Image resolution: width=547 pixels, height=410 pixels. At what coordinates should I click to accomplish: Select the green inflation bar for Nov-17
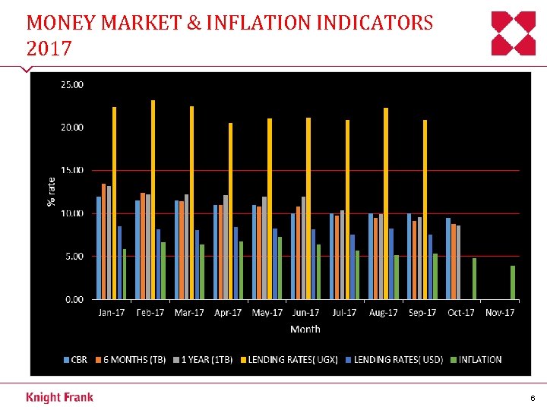[x=513, y=282]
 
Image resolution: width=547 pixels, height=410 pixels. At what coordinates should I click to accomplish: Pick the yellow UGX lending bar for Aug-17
[x=386, y=203]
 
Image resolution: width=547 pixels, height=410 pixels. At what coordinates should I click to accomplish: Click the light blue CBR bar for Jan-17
[x=99, y=248]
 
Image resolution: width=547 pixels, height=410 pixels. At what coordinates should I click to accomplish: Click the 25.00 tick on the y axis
[x=73, y=84]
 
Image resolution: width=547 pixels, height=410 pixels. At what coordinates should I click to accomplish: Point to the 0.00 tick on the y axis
[x=74, y=299]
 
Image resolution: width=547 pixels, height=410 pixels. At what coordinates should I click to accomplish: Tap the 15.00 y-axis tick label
[x=73, y=170]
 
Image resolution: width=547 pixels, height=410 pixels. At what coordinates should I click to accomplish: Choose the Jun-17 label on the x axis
[x=305, y=313]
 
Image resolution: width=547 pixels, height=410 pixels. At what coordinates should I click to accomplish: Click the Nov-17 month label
[x=500, y=313]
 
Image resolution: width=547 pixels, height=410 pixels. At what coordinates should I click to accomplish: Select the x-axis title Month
[x=305, y=329]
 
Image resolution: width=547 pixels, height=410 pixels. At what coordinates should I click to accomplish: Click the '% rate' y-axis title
[x=52, y=191]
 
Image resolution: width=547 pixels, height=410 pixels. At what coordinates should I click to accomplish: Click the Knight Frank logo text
[x=59, y=397]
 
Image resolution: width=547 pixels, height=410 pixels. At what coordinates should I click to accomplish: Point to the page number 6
[x=533, y=398]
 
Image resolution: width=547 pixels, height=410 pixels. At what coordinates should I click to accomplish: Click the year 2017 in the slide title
[x=49, y=49]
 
